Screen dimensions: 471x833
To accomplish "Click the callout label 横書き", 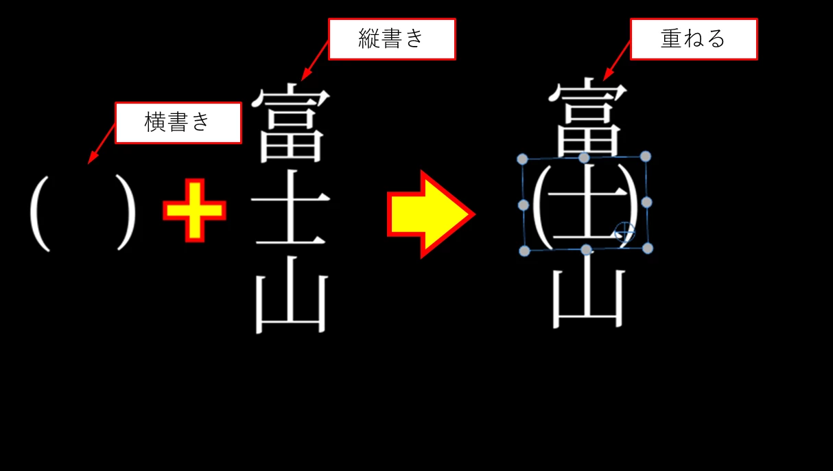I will coord(178,123).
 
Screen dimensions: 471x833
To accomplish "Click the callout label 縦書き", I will coord(392,39).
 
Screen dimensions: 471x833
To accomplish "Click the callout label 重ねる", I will coord(693,39).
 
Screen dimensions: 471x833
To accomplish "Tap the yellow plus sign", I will coord(194,211).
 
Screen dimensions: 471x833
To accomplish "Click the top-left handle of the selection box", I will coord(522,159).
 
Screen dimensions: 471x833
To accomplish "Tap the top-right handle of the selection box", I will coord(645,157).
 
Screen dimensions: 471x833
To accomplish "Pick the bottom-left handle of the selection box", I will coord(524,251).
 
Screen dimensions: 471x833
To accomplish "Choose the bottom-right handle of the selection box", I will coord(648,247).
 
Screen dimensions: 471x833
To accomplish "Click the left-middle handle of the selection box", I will coord(523,205).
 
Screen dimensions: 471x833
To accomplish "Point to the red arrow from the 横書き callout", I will coord(102,144).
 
